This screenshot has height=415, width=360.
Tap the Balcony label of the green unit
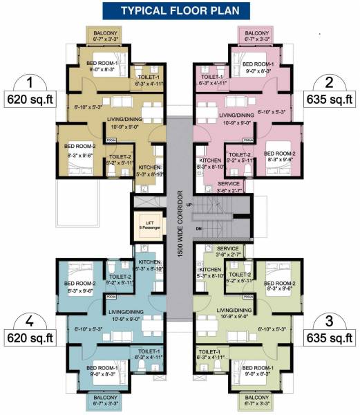click(257, 400)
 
